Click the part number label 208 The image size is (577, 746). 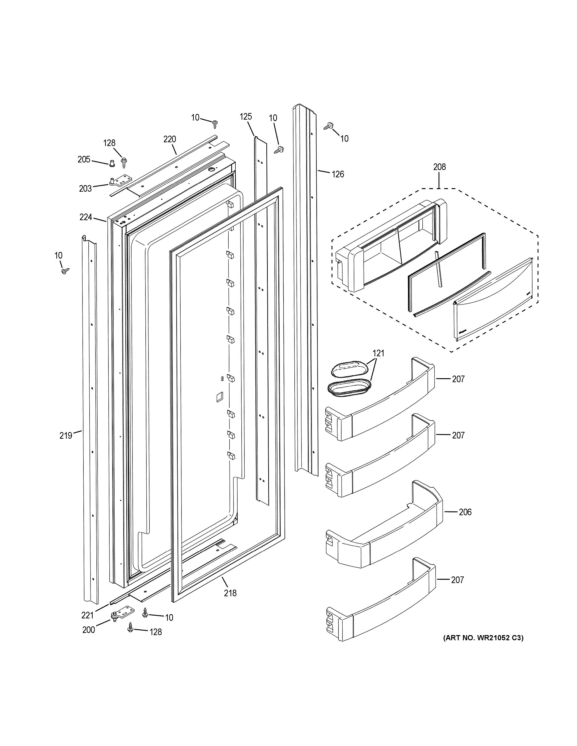(439, 167)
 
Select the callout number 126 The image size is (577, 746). (338, 174)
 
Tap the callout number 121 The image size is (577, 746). (378, 353)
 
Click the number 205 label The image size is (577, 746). (84, 159)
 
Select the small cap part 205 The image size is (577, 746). (112, 164)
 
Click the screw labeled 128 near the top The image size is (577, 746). (124, 162)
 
